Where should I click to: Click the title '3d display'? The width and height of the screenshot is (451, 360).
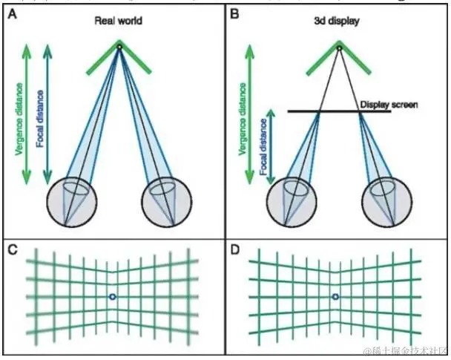pos(338,21)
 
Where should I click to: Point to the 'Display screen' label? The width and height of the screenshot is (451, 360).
pos(389,105)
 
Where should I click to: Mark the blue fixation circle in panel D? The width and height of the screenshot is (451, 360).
pos(335,297)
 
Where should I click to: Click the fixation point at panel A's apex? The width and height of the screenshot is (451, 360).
pos(119,48)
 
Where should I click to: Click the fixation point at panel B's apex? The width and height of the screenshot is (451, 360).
pos(339,48)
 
